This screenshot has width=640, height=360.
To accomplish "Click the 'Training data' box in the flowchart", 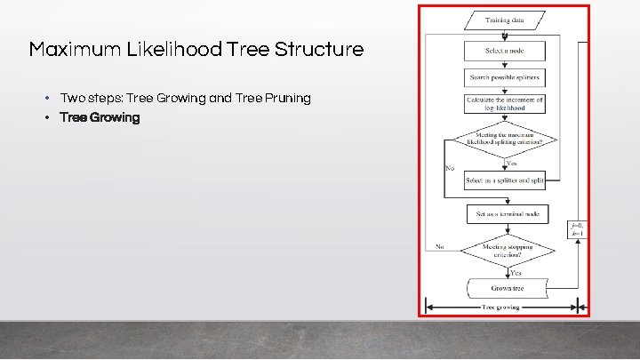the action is point(504,20).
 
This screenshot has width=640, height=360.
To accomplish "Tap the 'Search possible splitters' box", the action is point(504,77).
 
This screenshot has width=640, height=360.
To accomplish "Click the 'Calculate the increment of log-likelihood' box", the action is point(504,104).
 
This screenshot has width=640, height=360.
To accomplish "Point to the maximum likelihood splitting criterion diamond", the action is point(504,140).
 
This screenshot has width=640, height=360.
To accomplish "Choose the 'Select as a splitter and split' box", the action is point(504,180).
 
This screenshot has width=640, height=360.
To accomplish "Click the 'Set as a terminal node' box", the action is point(508,214).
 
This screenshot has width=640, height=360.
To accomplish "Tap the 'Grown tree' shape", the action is point(505,288).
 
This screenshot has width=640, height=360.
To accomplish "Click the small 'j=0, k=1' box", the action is point(579,229).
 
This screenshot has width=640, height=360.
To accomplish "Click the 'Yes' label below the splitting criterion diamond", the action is point(512,163).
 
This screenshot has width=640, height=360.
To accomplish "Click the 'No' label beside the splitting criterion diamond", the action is point(450,168).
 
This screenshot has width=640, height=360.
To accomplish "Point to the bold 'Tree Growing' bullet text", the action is point(100,117).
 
